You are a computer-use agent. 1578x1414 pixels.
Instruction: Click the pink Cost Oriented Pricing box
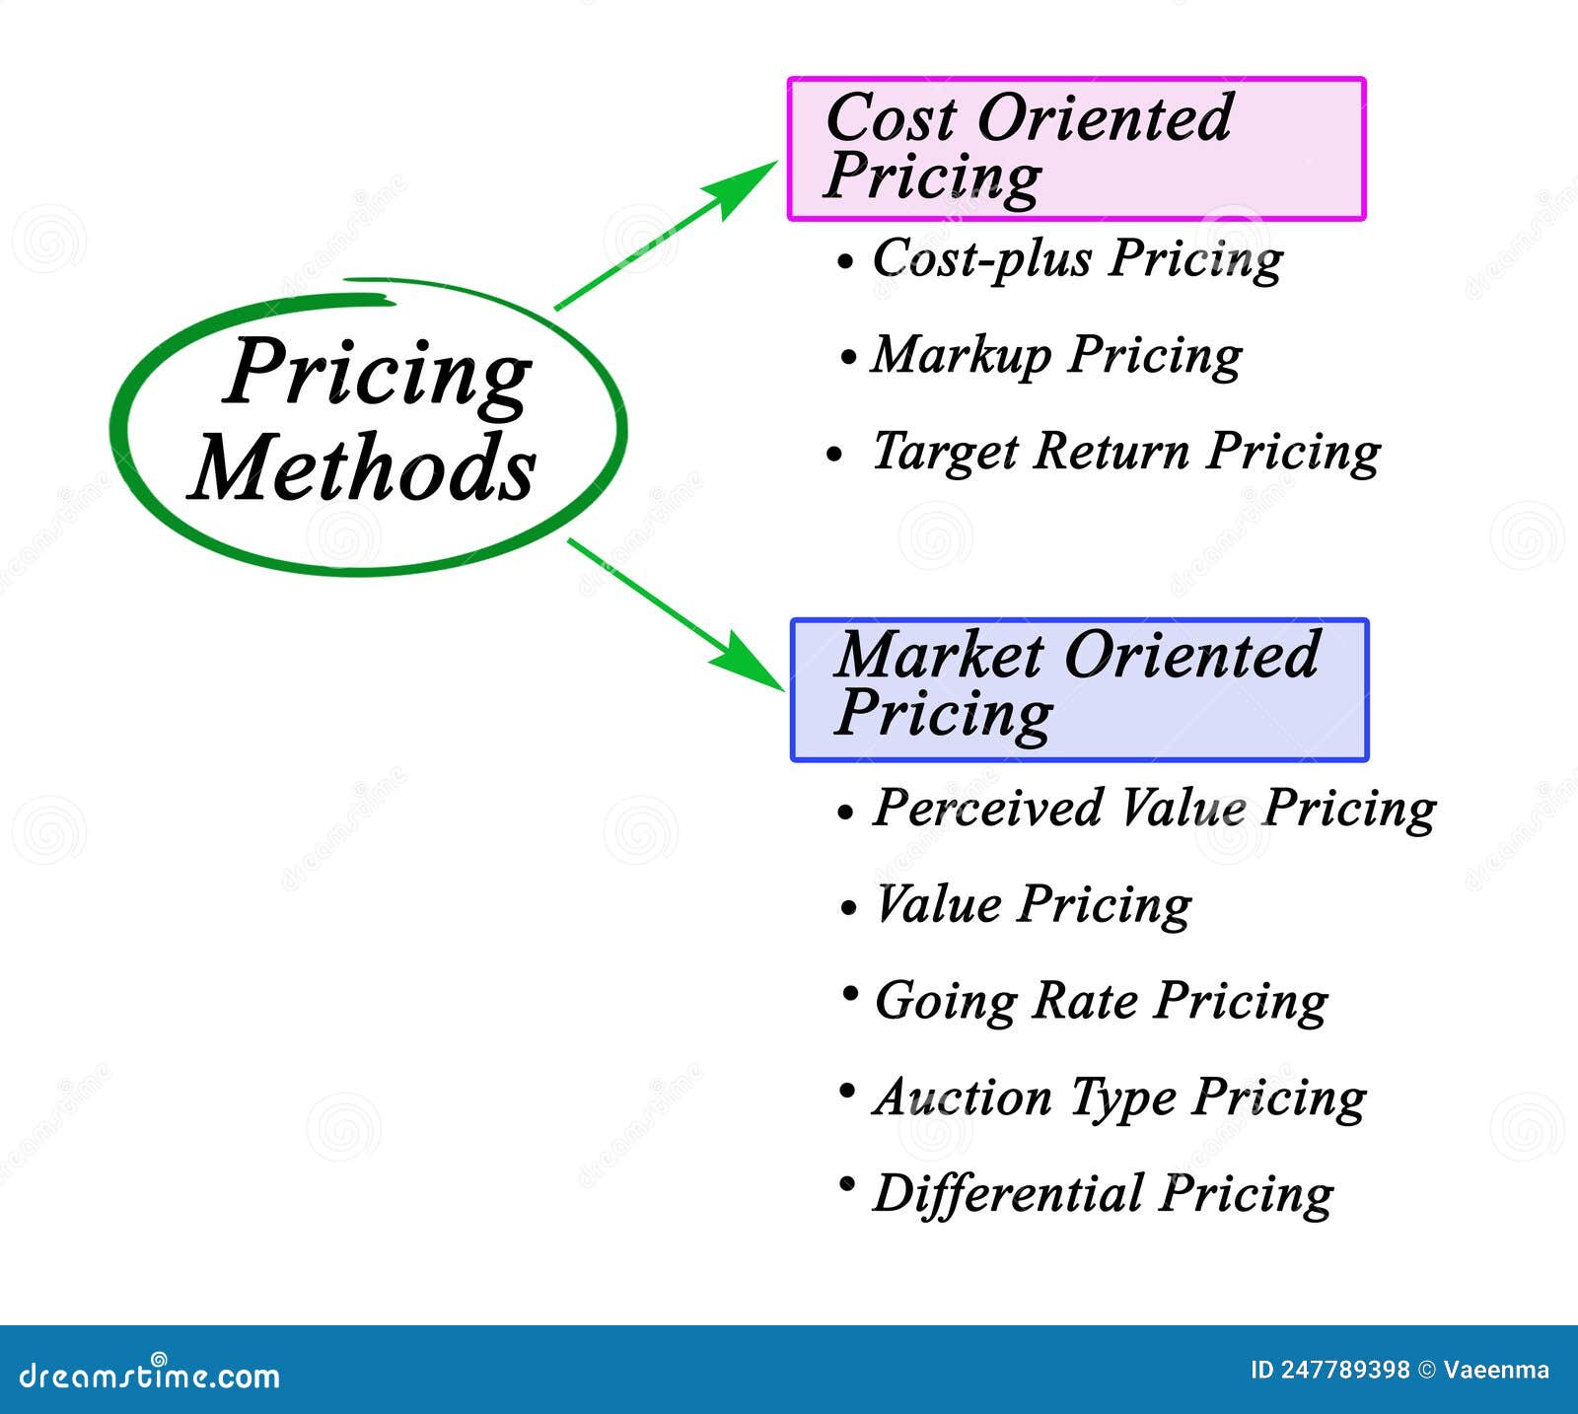click(x=1076, y=149)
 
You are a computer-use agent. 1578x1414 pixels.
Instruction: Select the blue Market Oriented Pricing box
click(x=1080, y=690)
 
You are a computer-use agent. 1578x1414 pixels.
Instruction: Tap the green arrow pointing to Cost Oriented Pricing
click(x=668, y=235)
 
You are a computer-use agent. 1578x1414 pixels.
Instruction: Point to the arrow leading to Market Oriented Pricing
click(x=677, y=614)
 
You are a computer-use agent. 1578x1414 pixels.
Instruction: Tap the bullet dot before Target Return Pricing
click(x=834, y=455)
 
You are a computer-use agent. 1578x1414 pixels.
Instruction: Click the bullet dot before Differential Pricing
click(x=846, y=1183)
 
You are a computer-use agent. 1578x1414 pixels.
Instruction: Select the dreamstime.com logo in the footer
click(x=150, y=1374)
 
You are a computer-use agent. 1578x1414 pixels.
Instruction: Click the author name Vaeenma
click(x=1496, y=1370)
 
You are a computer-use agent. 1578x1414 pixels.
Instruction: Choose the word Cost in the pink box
click(x=891, y=117)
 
